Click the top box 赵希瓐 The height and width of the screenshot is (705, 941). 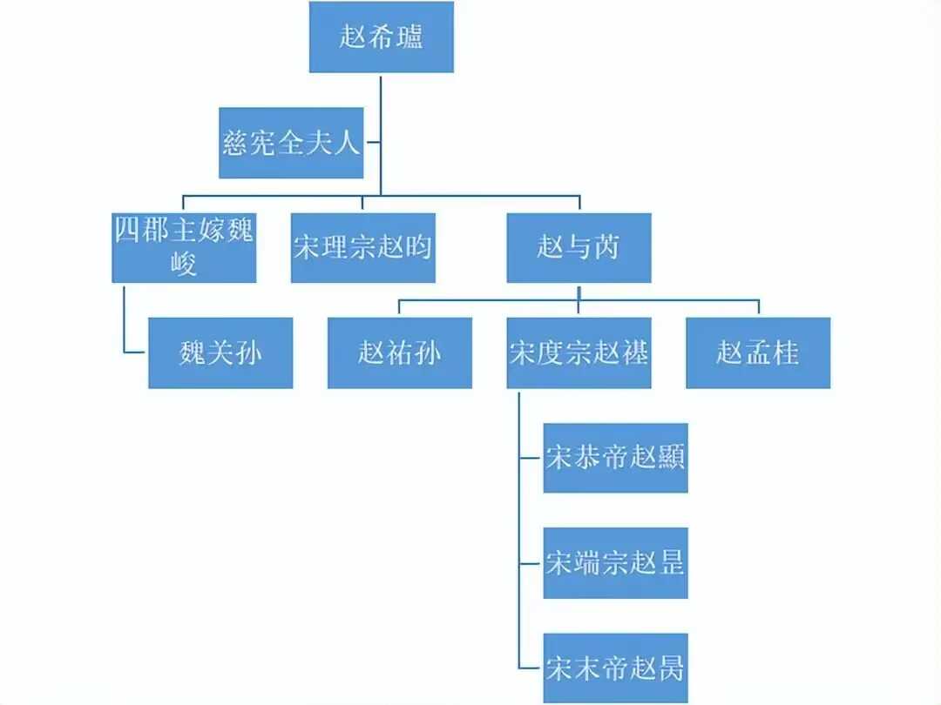click(x=382, y=37)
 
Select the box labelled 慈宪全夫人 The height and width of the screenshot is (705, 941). click(x=290, y=143)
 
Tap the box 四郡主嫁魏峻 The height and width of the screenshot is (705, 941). click(x=184, y=247)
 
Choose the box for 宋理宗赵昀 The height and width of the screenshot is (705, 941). click(x=362, y=247)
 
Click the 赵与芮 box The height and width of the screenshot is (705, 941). click(x=579, y=247)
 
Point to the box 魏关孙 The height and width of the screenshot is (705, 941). click(x=220, y=352)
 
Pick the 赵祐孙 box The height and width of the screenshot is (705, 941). click(x=399, y=352)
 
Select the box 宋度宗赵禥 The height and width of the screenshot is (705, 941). click(x=579, y=352)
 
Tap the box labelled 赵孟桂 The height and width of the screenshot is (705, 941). click(x=757, y=352)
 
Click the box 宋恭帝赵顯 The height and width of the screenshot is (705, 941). click(x=615, y=457)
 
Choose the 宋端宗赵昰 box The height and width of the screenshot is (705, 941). click(x=615, y=562)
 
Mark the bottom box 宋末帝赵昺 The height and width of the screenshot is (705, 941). click(x=615, y=668)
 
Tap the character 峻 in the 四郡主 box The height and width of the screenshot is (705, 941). click(x=184, y=263)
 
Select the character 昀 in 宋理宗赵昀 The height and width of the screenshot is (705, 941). click(x=416, y=247)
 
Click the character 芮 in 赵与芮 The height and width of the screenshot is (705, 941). click(x=606, y=247)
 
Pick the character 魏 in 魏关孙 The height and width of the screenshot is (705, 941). click(x=192, y=352)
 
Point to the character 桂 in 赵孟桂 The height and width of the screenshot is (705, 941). click(x=785, y=352)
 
